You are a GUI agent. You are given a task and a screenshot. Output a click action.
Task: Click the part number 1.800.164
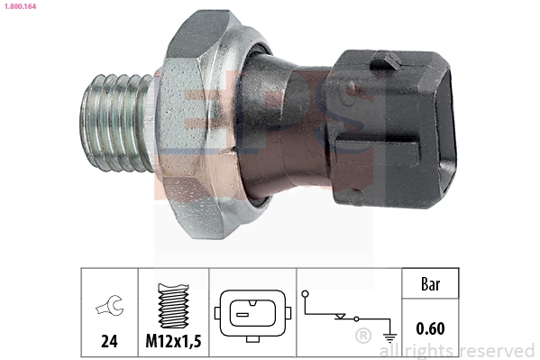click(18, 6)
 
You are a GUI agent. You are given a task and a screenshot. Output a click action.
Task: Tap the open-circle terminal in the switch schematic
click(306, 294)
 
